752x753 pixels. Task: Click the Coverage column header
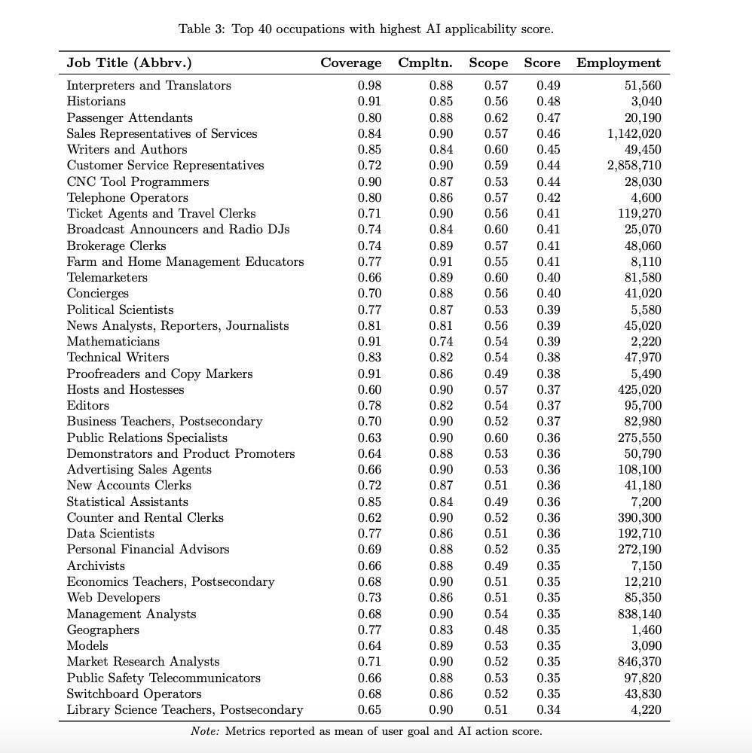350,63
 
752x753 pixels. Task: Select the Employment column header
618,63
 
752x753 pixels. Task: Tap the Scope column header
488,63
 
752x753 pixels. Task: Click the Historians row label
96,102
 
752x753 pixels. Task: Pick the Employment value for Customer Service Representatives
634,166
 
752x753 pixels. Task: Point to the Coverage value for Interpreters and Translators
369,86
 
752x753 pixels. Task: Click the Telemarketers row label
107,278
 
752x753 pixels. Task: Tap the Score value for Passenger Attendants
548,118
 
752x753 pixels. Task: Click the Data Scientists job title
111,534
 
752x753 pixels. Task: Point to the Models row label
87,646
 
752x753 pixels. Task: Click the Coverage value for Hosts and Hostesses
369,390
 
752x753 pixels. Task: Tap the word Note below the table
205,731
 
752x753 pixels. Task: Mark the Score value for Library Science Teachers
548,710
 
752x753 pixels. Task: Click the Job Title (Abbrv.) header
129,63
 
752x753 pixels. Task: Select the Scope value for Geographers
496,630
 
